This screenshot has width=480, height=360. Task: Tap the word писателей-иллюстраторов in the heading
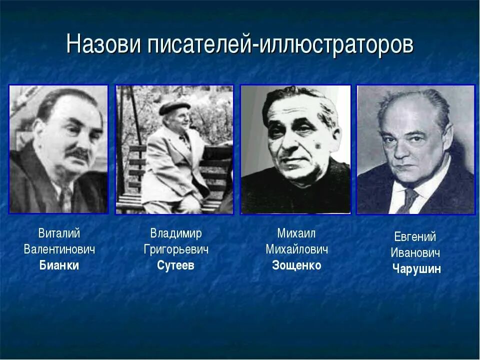tap(280, 44)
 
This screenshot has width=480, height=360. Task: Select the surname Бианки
tap(59, 265)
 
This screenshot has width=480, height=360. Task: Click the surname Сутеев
tap(175, 265)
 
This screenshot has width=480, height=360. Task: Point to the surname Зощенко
tap(296, 265)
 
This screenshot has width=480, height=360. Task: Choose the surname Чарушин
tap(416, 269)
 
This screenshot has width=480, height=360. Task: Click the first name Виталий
tap(59, 233)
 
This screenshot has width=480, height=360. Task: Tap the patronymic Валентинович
tap(59, 249)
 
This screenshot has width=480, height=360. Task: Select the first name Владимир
tap(175, 233)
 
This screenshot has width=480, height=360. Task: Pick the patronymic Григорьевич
tap(175, 249)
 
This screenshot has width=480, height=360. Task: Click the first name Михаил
tap(296, 233)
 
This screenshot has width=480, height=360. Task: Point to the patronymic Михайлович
tap(296, 249)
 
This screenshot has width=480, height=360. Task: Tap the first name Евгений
tap(415, 237)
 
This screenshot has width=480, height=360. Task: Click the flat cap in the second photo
tap(174, 107)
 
